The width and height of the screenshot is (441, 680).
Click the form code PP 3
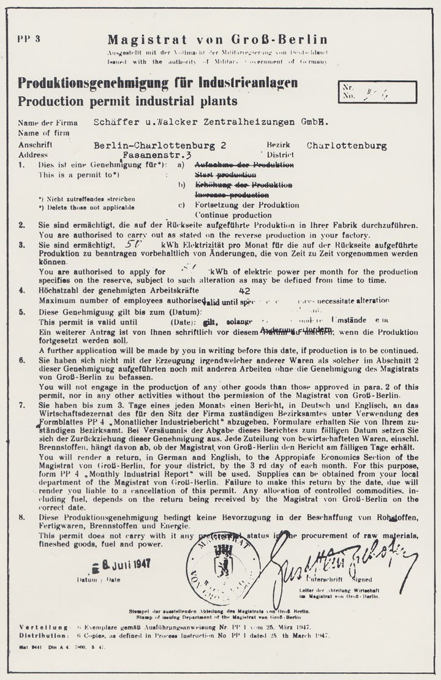(28, 40)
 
